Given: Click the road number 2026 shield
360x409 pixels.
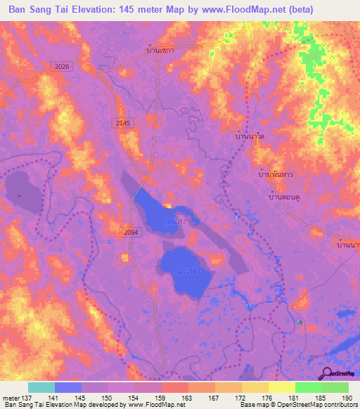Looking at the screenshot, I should [x=62, y=66].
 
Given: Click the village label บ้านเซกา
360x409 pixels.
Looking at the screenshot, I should [x=160, y=51].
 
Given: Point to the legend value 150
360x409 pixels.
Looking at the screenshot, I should [x=107, y=398].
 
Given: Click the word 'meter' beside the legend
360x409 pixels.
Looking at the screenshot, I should [x=10, y=398].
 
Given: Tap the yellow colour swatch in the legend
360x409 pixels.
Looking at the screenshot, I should [x=281, y=387].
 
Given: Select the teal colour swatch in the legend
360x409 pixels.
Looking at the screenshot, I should [x=41, y=387].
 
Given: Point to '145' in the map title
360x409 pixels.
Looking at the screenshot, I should [x=142, y=9].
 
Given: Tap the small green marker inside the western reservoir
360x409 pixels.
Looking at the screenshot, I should [x=20, y=195].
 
